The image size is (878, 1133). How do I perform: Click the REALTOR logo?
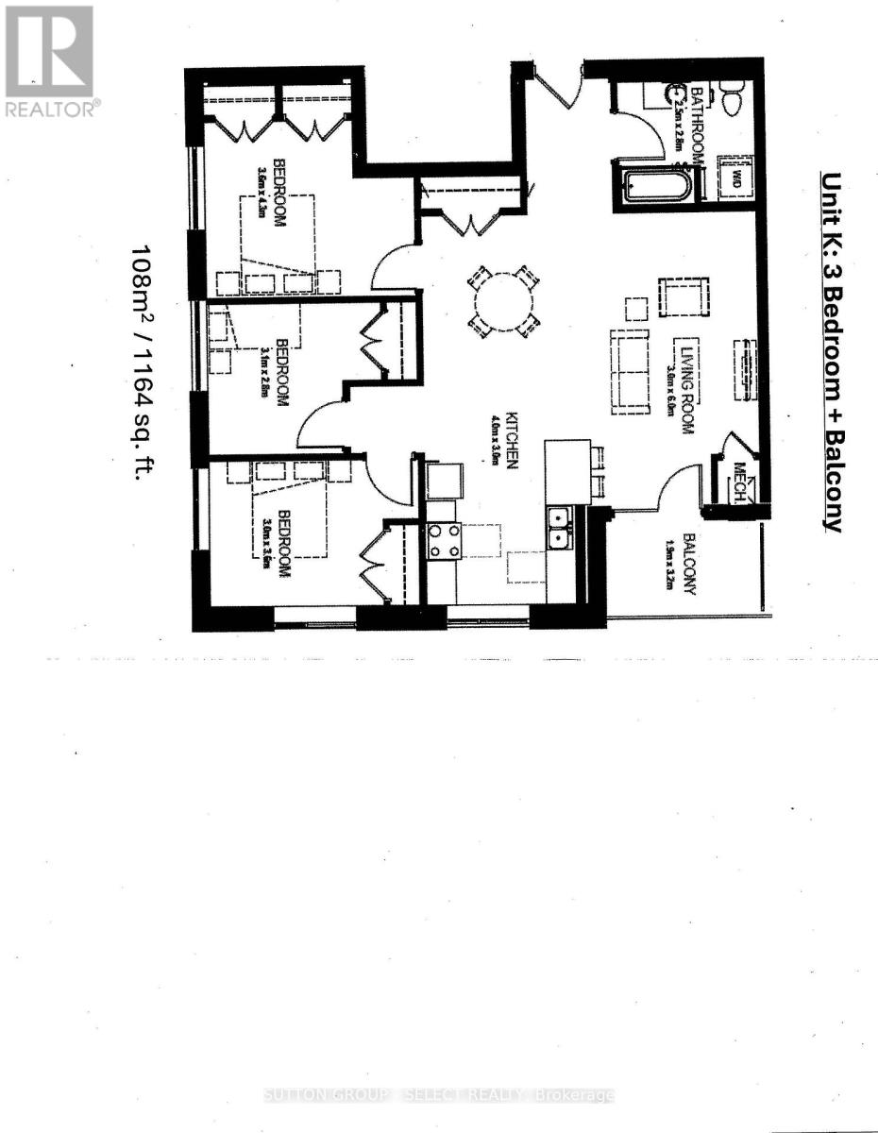point(49,59)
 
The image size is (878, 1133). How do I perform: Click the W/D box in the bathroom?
point(733,177)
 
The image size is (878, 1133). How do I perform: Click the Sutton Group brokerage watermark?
point(439,1095)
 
